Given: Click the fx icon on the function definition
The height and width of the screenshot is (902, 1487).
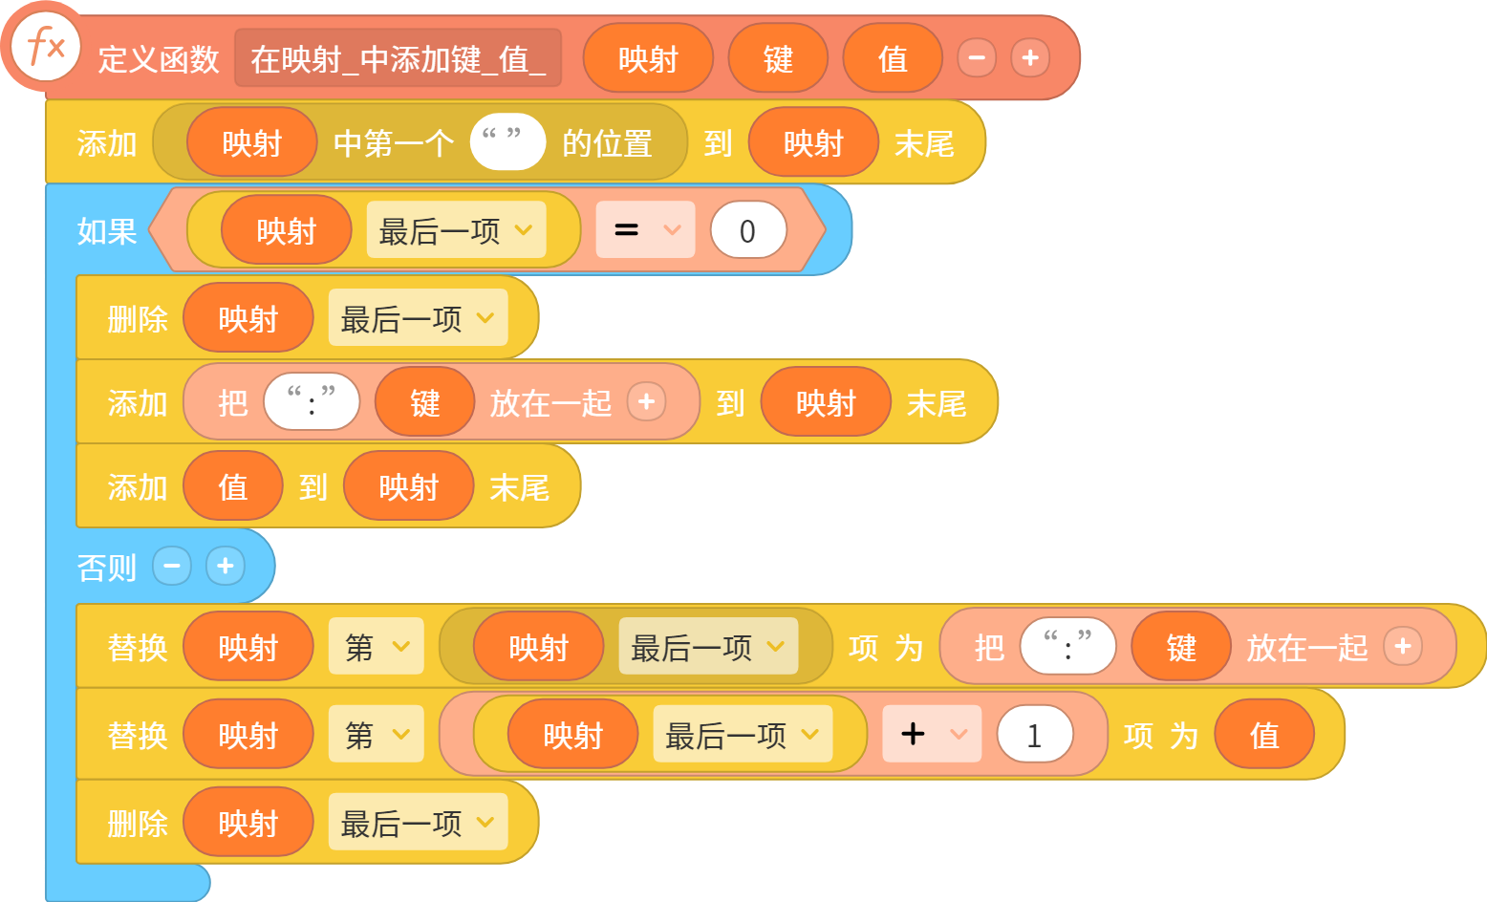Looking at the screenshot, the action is [x=46, y=48].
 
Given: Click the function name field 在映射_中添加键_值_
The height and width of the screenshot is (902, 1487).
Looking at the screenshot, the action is [x=398, y=58].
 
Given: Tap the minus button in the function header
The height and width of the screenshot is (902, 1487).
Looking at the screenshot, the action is [x=977, y=57].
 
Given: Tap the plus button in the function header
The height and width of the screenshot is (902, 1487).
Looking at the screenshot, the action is [x=1030, y=57].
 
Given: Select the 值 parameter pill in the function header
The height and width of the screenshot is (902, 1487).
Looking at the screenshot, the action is [x=893, y=58].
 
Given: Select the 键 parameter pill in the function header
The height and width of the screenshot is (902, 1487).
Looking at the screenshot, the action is [x=778, y=58].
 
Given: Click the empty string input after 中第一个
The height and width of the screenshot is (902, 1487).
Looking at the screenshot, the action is [x=507, y=142].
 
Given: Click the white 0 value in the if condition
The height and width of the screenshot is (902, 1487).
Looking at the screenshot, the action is [x=748, y=230].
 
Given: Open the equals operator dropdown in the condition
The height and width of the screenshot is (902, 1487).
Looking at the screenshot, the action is [x=645, y=229].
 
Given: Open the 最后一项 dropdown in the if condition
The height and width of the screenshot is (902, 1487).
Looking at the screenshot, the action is [x=456, y=229].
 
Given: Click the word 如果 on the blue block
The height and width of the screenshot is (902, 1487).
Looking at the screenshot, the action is [x=107, y=231].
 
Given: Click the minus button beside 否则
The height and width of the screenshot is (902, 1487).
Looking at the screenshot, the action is [x=172, y=567].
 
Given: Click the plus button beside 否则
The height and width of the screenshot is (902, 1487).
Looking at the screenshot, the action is [x=225, y=567].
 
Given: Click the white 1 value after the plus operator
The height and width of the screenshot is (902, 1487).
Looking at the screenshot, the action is [x=1035, y=734].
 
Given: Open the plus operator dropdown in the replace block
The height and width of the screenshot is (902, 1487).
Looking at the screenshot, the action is [x=932, y=734].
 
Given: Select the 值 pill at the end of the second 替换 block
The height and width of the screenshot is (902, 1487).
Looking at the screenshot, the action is [x=1264, y=734].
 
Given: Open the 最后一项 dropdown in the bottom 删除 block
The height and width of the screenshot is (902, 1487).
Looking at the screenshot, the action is [x=419, y=822].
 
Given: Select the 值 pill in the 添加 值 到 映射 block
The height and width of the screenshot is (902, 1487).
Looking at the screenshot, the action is [x=233, y=485].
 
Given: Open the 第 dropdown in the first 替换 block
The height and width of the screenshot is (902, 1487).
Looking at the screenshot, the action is [x=377, y=646].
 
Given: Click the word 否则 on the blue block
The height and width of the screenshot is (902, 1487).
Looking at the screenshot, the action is [x=107, y=568].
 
